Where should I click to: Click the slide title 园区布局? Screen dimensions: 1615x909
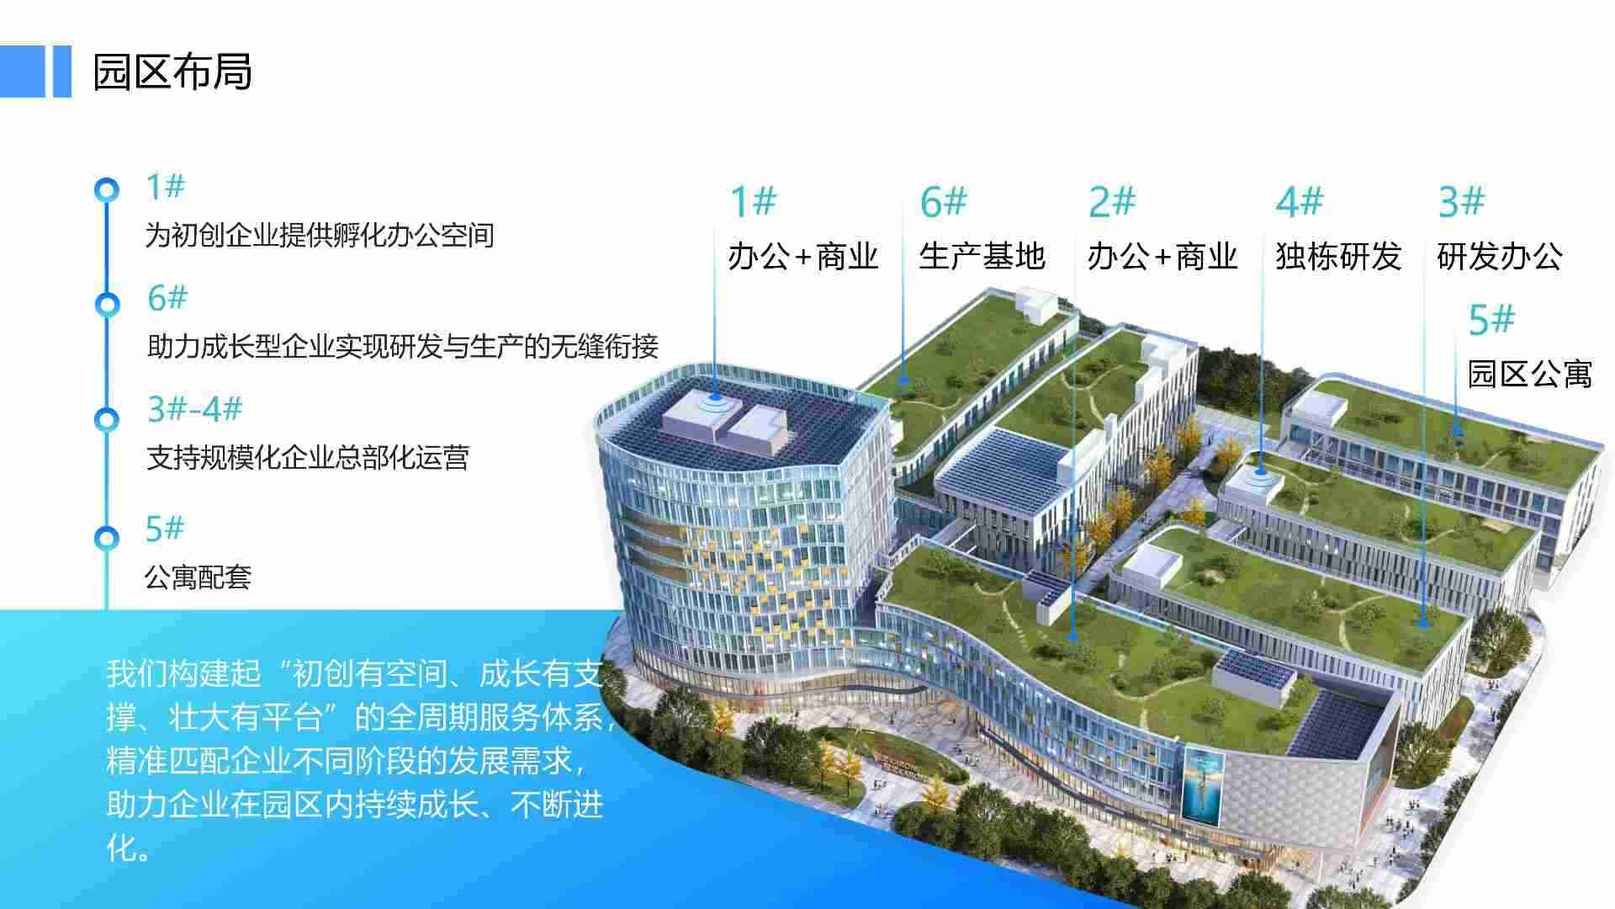coord(172,72)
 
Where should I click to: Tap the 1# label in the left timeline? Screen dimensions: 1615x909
coord(165,187)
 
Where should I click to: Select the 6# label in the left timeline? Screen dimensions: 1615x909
coord(167,298)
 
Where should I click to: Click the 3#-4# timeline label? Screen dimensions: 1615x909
coord(195,409)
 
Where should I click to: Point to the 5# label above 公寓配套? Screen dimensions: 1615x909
coord(164,529)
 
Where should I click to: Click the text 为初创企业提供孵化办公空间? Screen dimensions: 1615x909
coord(320,235)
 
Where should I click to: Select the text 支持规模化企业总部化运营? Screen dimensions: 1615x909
coord(308,458)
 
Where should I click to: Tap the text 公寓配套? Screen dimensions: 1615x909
coord(199,577)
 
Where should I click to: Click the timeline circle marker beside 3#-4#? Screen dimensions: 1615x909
coord(106,417)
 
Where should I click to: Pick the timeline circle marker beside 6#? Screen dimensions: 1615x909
coord(106,304)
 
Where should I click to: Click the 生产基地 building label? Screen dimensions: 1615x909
coord(982,256)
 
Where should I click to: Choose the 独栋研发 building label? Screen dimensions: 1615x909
coord(1338,256)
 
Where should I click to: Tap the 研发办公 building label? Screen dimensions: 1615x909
coord(1500,256)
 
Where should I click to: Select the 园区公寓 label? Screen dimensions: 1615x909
coord(1530,373)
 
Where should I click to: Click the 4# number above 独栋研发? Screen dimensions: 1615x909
coord(1300,202)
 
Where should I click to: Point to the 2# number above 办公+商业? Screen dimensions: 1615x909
coord(1112,202)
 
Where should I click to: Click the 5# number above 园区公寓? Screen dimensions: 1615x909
coord(1491,320)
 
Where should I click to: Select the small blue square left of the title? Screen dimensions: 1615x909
coord(22,71)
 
